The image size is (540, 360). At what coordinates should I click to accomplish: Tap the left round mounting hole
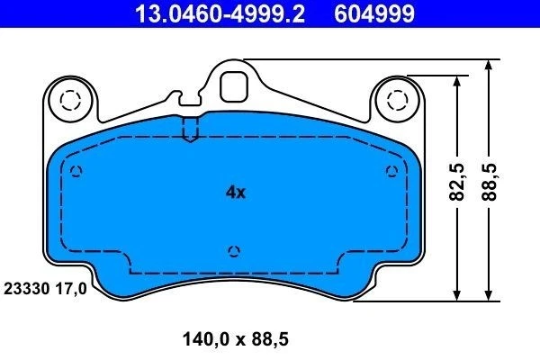[67, 99]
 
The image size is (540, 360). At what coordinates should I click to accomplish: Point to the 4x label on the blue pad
[235, 192]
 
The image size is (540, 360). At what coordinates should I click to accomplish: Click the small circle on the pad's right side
[391, 171]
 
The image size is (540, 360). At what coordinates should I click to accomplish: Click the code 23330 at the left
[26, 291]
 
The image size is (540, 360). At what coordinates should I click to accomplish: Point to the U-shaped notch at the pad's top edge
[189, 131]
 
